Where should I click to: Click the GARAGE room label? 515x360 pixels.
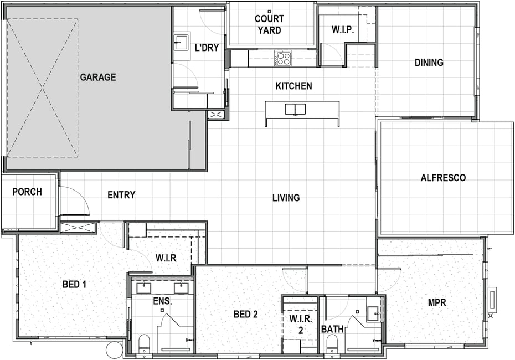pyautogui.click(x=98, y=77)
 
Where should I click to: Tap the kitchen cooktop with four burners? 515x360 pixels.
pyautogui.click(x=284, y=59)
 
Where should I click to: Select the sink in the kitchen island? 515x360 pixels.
pyautogui.click(x=295, y=109)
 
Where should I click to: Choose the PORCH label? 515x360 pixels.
pyautogui.click(x=27, y=192)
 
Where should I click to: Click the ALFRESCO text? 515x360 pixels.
pyautogui.click(x=443, y=178)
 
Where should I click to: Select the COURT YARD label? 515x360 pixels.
pyautogui.click(x=269, y=24)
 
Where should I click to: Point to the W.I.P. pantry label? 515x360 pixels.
pyautogui.click(x=343, y=30)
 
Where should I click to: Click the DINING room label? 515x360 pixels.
pyautogui.click(x=429, y=63)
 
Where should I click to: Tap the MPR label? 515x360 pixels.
pyautogui.click(x=437, y=302)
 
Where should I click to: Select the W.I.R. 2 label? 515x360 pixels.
pyautogui.click(x=301, y=324)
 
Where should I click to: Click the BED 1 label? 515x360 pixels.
pyautogui.click(x=75, y=284)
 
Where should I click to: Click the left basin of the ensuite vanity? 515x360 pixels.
pyautogui.click(x=143, y=288)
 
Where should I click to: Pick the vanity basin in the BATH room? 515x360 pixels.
pyautogui.click(x=373, y=313)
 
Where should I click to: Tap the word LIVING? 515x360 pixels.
pyautogui.click(x=286, y=198)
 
